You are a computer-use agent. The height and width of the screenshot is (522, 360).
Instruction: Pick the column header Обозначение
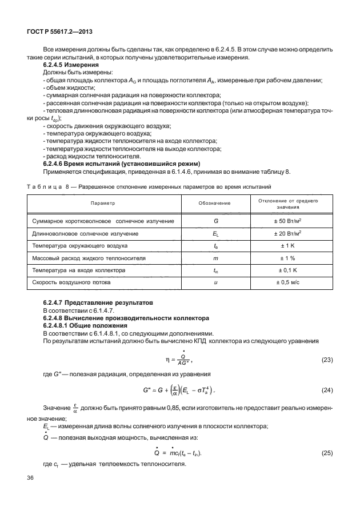(x=214, y=203)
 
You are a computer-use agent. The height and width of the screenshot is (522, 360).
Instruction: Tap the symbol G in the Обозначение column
(x=215, y=221)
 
